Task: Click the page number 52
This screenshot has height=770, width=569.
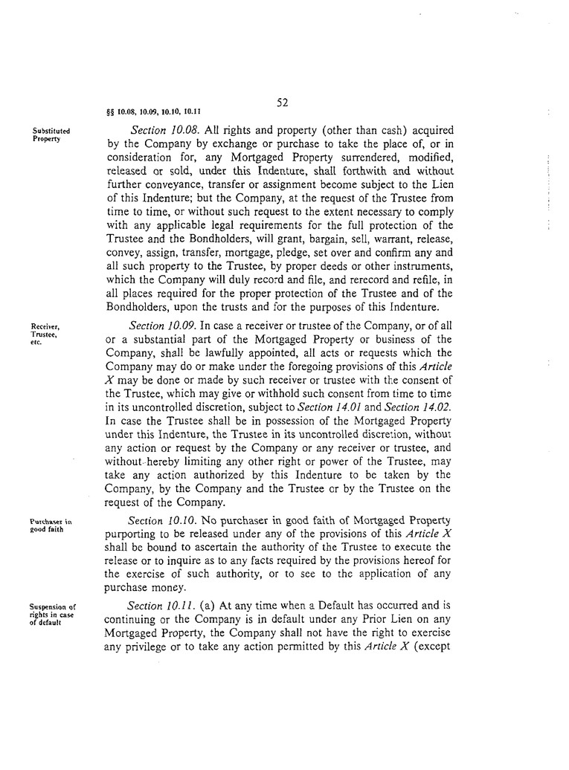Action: coord(282,103)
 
